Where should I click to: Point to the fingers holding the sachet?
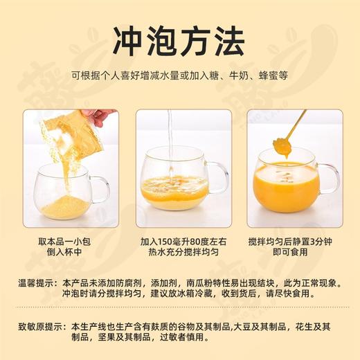102,117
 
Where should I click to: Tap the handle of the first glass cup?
102,190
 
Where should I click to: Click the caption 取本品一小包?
64,242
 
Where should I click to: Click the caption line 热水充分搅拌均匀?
183,252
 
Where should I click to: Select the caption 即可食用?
290,252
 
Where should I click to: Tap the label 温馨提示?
36,283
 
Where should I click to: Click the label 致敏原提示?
40,327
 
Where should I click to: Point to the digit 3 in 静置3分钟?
312,242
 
